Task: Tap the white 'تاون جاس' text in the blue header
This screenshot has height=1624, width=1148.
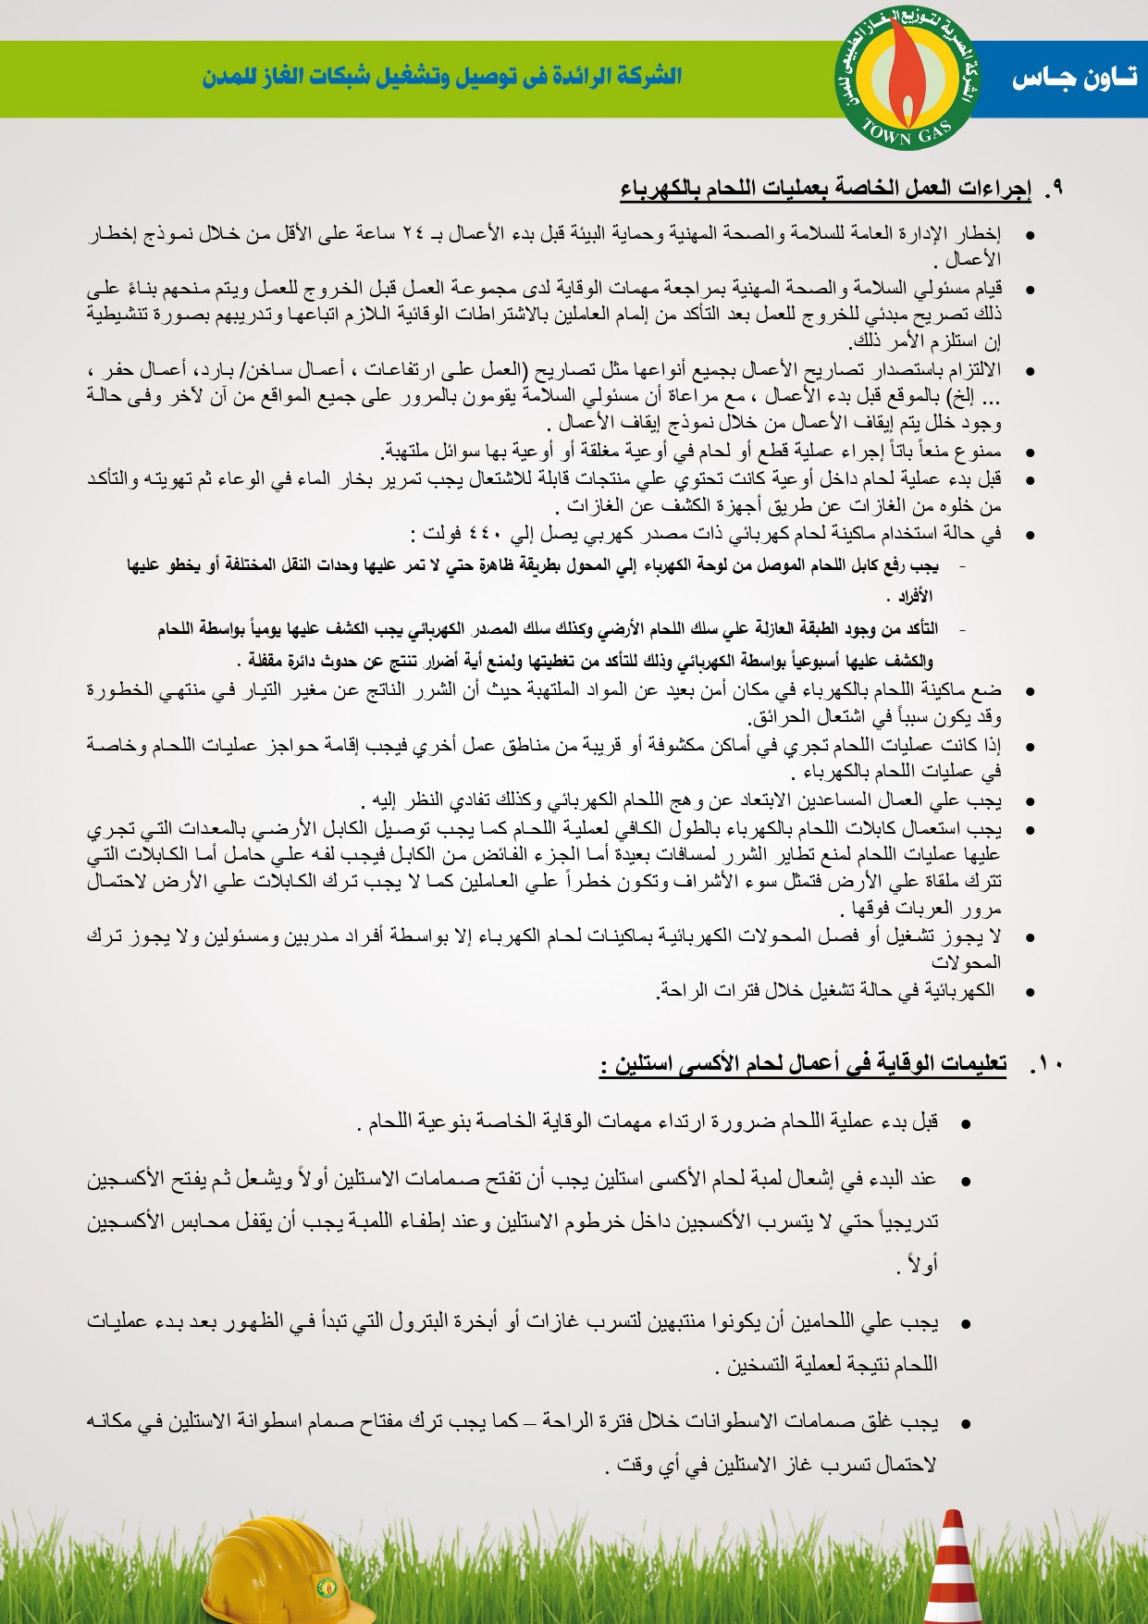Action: (1073, 79)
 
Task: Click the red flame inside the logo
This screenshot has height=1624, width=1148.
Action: (907, 65)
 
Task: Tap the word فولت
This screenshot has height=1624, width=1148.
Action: (442, 534)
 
